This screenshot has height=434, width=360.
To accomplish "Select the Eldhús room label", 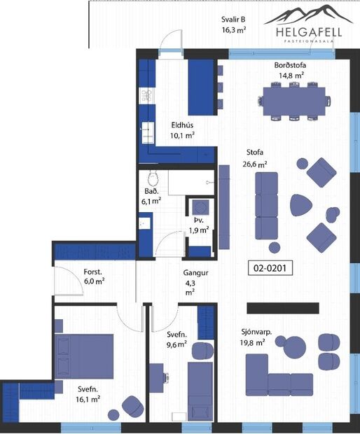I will (183, 131).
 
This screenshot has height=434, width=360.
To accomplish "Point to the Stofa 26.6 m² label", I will (256, 157).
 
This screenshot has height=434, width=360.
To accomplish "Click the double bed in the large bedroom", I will (84, 358).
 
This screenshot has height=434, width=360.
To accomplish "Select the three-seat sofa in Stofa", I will (266, 206).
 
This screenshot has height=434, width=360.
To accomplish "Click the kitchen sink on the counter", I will (148, 130).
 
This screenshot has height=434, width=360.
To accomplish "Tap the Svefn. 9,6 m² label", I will (176, 339).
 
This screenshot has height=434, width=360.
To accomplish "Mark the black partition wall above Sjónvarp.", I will (282, 308).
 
